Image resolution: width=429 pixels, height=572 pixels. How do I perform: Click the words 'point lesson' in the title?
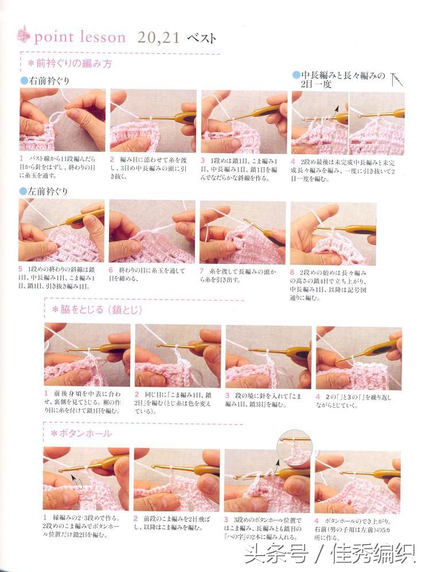(80, 38)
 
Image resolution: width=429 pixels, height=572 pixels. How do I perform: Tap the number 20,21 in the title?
(159, 38)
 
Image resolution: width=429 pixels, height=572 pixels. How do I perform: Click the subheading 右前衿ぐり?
(48, 81)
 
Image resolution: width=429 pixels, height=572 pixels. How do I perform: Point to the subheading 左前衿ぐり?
(47, 191)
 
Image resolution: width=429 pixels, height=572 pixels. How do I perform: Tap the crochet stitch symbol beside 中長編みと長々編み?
(396, 79)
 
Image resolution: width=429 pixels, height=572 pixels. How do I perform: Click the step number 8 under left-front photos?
(292, 273)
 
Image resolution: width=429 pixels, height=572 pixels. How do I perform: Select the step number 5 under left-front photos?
(21, 269)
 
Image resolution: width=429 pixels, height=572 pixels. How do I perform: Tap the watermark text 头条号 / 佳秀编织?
(329, 554)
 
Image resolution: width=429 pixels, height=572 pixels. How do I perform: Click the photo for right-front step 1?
(63, 120)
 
